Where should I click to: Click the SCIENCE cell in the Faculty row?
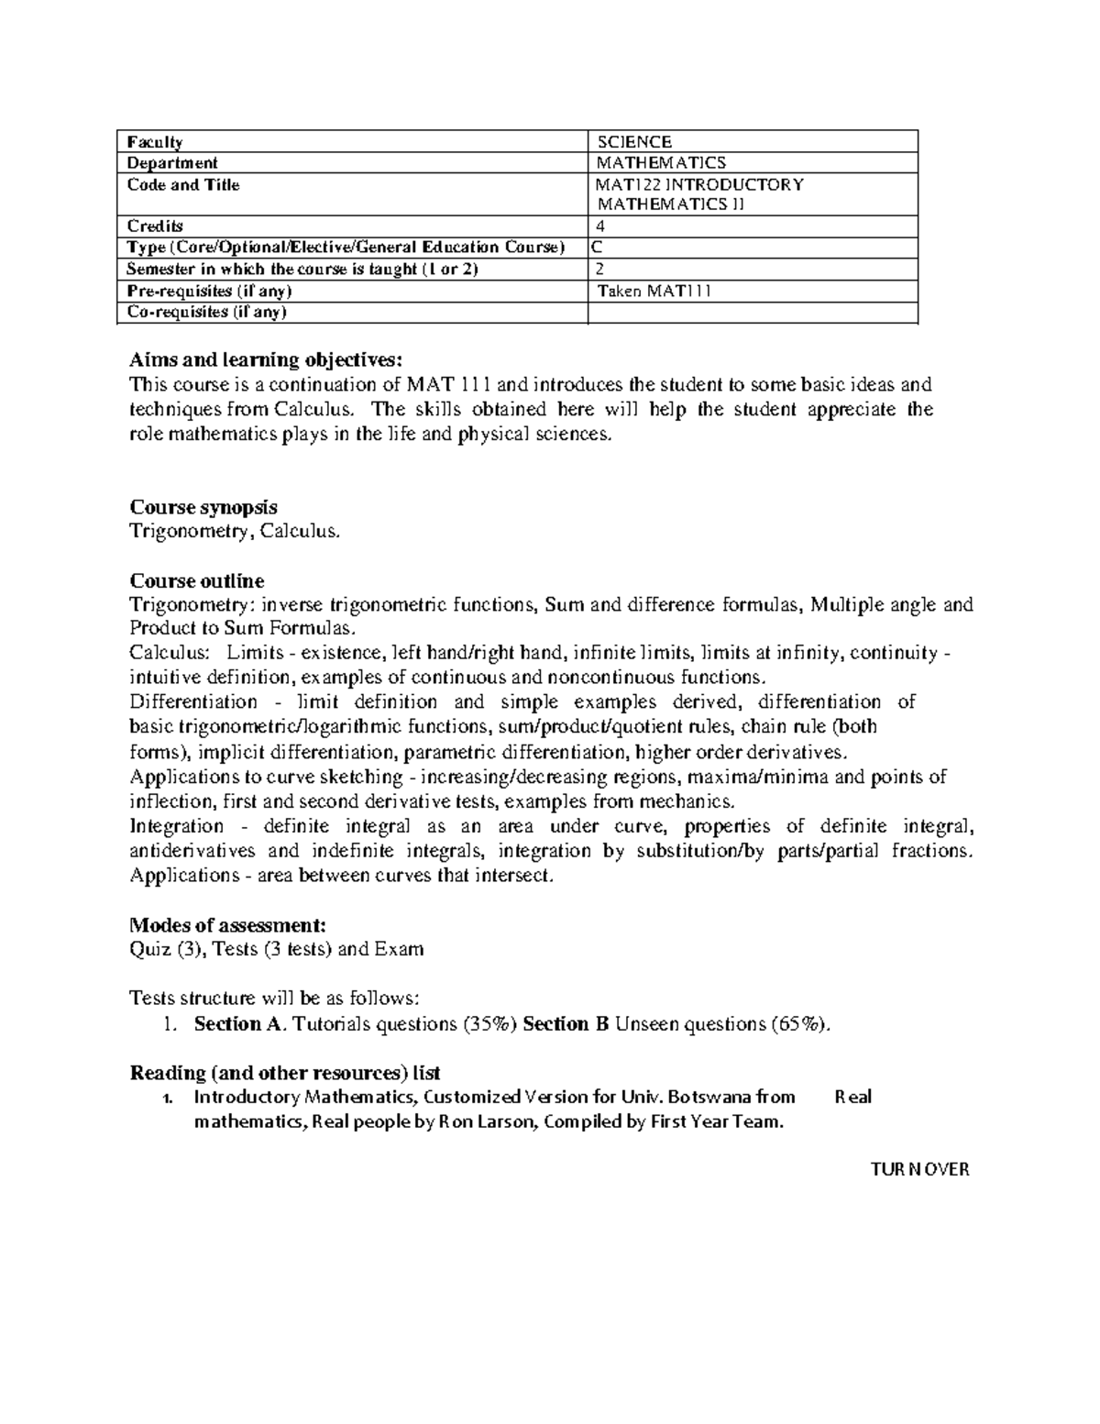click(x=634, y=142)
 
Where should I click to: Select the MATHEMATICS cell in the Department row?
click(x=661, y=163)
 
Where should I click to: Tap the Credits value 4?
click(x=600, y=226)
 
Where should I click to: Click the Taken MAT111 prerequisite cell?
click(x=654, y=292)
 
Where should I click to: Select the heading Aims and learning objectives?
click(x=266, y=359)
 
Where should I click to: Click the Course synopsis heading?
click(x=203, y=507)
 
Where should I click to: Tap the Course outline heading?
click(x=197, y=581)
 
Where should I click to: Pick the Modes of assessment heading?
click(x=227, y=924)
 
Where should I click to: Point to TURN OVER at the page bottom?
click(x=919, y=1170)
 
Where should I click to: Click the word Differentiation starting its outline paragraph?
click(x=193, y=702)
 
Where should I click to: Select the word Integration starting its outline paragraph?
click(x=176, y=826)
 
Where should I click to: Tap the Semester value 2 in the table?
click(x=600, y=270)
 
